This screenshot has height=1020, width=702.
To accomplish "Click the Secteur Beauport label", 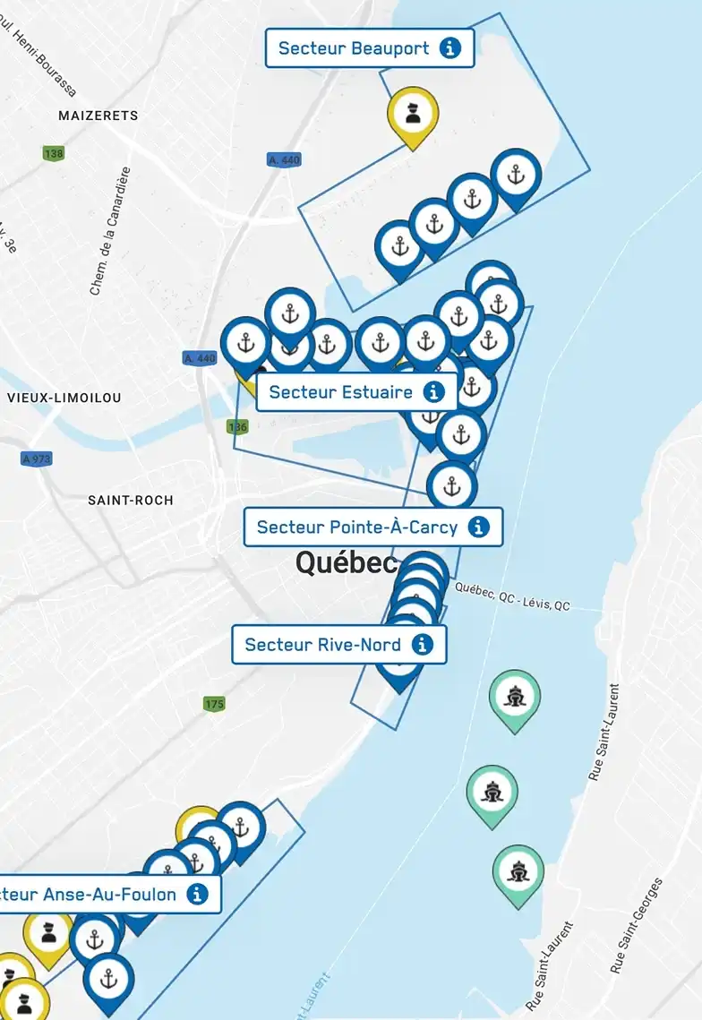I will [354, 48].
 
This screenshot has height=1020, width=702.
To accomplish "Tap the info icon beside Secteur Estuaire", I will [434, 392].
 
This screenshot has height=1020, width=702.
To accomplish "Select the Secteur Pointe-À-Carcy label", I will [357, 527].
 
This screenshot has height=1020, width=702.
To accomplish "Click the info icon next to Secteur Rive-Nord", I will [423, 644].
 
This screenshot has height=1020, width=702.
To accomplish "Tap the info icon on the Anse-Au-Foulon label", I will [198, 894].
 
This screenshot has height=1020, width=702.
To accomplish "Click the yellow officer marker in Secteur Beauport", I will [413, 114].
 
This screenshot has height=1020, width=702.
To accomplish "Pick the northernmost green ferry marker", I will [515, 697].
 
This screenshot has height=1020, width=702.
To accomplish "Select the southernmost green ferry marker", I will [518, 870].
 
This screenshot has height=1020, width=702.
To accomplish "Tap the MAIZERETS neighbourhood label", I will [98, 116].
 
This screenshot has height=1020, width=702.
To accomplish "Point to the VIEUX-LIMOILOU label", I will [64, 397].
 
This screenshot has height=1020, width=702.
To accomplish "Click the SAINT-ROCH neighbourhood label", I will [131, 500].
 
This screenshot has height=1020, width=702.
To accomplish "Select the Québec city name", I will [346, 562].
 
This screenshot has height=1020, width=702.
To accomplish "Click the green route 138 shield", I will [54, 153].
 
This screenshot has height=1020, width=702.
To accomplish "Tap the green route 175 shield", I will [214, 704].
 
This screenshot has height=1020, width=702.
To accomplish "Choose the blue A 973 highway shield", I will [37, 459].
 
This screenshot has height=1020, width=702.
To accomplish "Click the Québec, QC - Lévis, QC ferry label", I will [512, 596].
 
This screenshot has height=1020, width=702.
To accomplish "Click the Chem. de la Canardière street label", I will [110, 231].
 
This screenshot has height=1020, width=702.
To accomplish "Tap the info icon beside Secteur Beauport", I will [450, 48].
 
